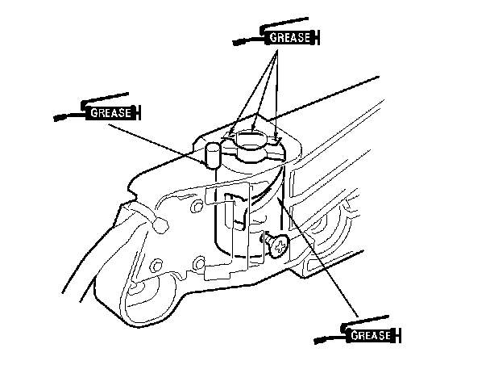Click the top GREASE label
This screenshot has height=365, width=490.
click(x=287, y=37)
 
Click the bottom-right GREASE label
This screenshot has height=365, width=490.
click(x=372, y=334)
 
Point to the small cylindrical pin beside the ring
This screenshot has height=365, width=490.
click(x=212, y=153)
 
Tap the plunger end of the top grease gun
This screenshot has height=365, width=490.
click(x=318, y=37)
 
